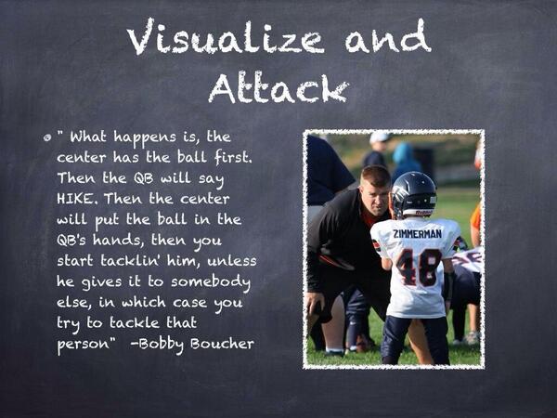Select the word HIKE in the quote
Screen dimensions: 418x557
[76, 198]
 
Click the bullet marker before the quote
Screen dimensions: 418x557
[46, 137]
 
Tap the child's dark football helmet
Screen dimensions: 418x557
[413, 193]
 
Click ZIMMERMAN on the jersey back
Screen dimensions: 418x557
[418, 233]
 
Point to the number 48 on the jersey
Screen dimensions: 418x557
[419, 267]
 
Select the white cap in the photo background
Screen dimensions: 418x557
[381, 137]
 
